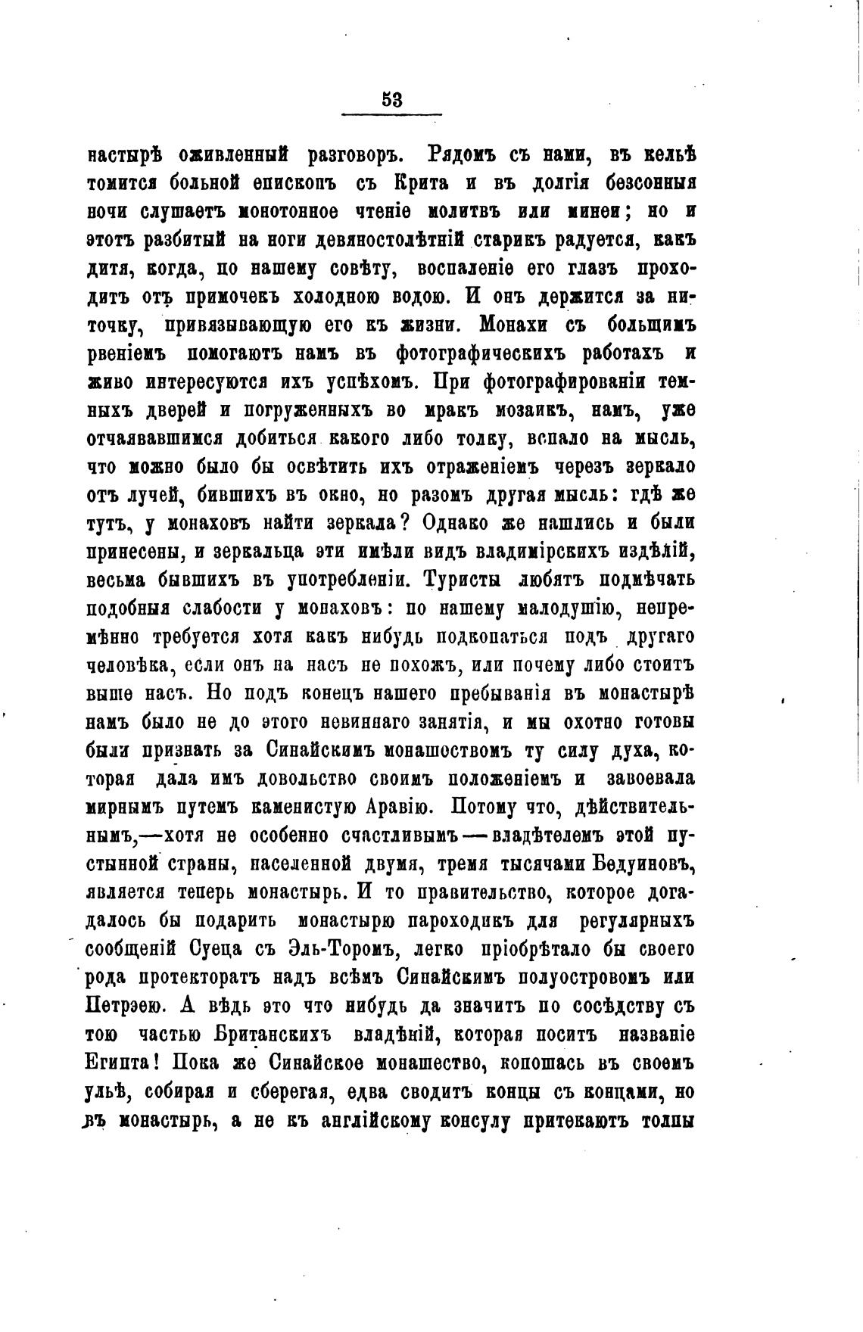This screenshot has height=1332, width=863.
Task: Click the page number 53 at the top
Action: [391, 99]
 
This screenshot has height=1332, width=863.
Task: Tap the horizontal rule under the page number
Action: [391, 114]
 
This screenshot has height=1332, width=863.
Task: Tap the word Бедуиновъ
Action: [643, 864]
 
